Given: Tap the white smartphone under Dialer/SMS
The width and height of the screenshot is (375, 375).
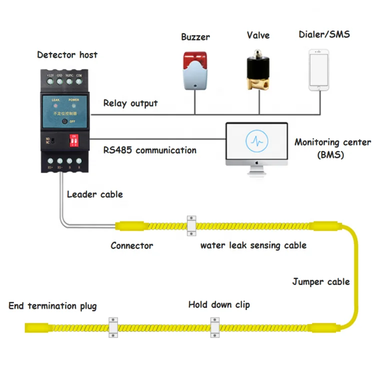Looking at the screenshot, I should (x=318, y=70).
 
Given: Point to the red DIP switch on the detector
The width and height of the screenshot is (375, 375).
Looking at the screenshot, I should (x=74, y=140).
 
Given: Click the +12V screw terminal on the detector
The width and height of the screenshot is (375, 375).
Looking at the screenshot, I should (x=49, y=81).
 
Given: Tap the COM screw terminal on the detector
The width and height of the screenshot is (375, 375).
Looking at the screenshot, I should (x=78, y=81).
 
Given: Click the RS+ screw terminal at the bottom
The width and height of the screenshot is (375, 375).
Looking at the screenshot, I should (x=50, y=161).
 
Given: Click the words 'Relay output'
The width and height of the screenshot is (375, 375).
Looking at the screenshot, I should (x=130, y=103).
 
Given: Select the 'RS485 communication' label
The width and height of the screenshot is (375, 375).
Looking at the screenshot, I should (x=150, y=150).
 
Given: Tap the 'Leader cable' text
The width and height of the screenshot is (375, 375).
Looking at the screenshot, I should (x=95, y=194).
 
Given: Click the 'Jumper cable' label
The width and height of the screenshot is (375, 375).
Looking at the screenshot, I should (x=321, y=282).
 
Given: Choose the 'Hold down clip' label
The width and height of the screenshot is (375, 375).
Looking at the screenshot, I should (x=219, y=304).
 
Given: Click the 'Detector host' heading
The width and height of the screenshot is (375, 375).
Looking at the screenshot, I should (x=67, y=54).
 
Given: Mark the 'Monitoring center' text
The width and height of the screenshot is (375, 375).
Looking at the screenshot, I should (x=332, y=142).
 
